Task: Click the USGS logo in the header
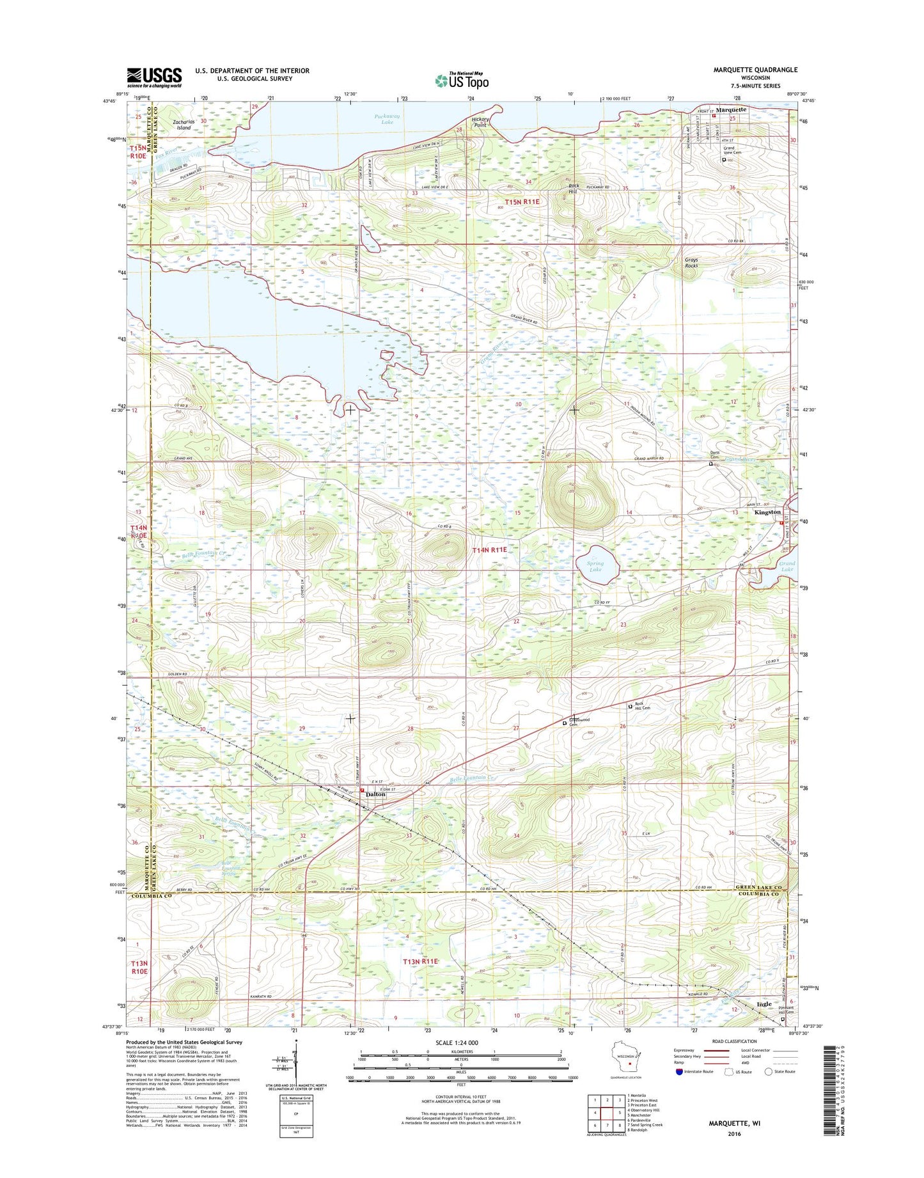(x=153, y=77)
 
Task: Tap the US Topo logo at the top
(x=462, y=80)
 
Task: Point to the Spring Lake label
(x=595, y=567)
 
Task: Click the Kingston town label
(x=767, y=512)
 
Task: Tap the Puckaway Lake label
(x=387, y=119)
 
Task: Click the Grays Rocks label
(x=691, y=262)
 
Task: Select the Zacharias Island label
(x=184, y=125)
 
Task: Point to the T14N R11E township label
(x=489, y=550)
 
